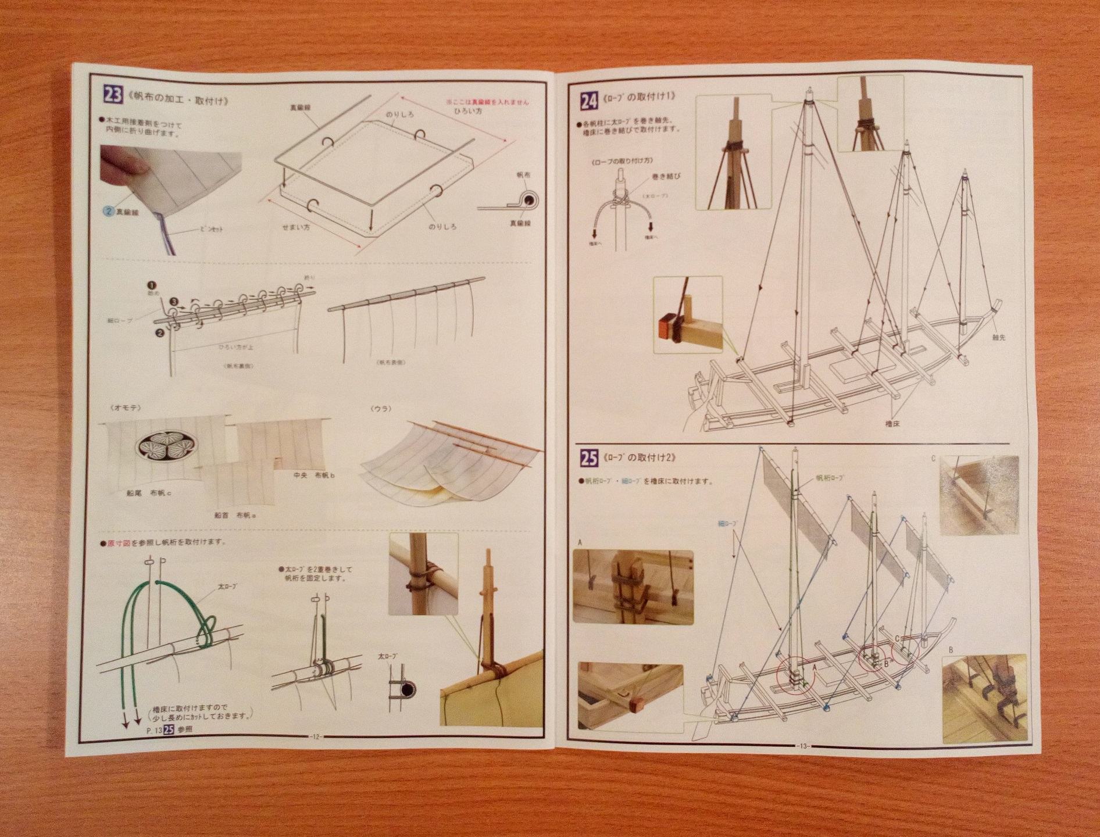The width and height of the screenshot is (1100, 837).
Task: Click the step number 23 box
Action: pyautogui.click(x=112, y=94)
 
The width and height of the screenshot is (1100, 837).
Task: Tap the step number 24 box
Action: pyautogui.click(x=588, y=101)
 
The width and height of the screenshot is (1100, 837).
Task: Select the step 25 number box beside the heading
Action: pyautogui.click(x=588, y=458)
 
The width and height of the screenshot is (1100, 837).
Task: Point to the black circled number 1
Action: pyautogui.click(x=153, y=285)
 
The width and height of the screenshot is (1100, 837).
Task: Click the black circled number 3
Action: pyautogui.click(x=173, y=302)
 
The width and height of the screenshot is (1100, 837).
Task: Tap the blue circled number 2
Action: pyautogui.click(x=109, y=212)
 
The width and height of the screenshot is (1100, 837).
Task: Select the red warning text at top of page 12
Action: pyautogui.click(x=487, y=102)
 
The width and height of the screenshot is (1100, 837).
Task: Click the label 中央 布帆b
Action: pyautogui.click(x=315, y=475)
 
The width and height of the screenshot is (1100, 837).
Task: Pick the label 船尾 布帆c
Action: pyautogui.click(x=149, y=493)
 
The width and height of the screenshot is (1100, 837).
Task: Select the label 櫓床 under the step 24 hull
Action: pyautogui.click(x=892, y=424)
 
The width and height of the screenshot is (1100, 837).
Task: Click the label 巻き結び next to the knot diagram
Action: pyautogui.click(x=666, y=176)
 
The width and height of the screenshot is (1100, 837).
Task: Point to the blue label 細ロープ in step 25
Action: pyautogui.click(x=728, y=524)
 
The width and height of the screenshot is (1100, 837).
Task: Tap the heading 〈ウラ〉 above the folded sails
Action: pyautogui.click(x=381, y=409)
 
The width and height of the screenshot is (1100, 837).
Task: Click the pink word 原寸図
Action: pyautogui.click(x=119, y=543)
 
